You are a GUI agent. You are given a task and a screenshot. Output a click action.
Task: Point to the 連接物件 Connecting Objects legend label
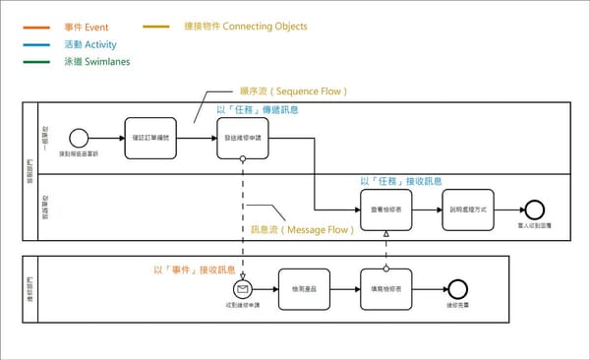tap(245, 26)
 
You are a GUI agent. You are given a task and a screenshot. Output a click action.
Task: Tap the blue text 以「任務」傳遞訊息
tap(256, 109)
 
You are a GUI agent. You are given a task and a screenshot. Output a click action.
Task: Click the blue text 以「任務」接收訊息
tap(401, 181)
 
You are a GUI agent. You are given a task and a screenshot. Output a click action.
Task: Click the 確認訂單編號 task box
tap(150, 138)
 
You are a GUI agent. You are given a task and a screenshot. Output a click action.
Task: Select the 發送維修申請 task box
tap(242, 138)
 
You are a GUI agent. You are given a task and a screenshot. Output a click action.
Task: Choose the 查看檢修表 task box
tap(385, 209)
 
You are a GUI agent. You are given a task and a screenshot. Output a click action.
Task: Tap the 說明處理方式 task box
tap(467, 209)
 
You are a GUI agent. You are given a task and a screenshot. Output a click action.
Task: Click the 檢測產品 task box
tap(304, 289)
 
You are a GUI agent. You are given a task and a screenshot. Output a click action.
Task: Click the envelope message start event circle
tap(242, 289)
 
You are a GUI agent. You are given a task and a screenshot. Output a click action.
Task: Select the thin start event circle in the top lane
tap(79, 138)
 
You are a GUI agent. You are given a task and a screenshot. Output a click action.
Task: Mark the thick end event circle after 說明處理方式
tap(534, 209)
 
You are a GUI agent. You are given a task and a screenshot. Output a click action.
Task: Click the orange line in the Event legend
tap(43, 27)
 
